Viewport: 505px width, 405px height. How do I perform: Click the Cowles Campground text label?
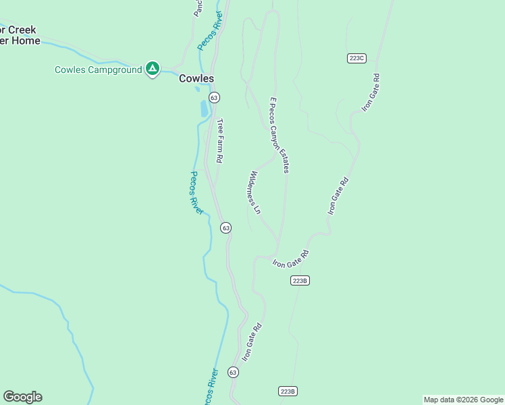(98, 70)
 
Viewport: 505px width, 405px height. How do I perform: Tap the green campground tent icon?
(153, 68)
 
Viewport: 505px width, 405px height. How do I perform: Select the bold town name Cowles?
(196, 78)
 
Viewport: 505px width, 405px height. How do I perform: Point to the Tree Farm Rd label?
(219, 140)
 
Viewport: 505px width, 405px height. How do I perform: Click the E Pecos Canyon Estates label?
(280, 135)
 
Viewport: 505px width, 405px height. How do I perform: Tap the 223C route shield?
(356, 58)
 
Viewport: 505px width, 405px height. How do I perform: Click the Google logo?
(22, 397)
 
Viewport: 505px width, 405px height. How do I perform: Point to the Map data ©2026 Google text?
(462, 400)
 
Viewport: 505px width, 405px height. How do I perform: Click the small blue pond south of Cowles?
(204, 108)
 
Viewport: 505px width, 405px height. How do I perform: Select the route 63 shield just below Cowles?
(214, 98)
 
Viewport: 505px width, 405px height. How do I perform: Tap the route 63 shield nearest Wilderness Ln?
(226, 228)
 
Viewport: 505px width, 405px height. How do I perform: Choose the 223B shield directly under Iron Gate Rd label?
(300, 280)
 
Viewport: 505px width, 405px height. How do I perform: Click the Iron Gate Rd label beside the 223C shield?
(371, 92)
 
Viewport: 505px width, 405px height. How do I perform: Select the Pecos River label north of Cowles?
(210, 30)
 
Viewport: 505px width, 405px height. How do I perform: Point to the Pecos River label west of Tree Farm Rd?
(196, 192)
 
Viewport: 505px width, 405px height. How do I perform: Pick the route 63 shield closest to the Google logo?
(233, 372)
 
